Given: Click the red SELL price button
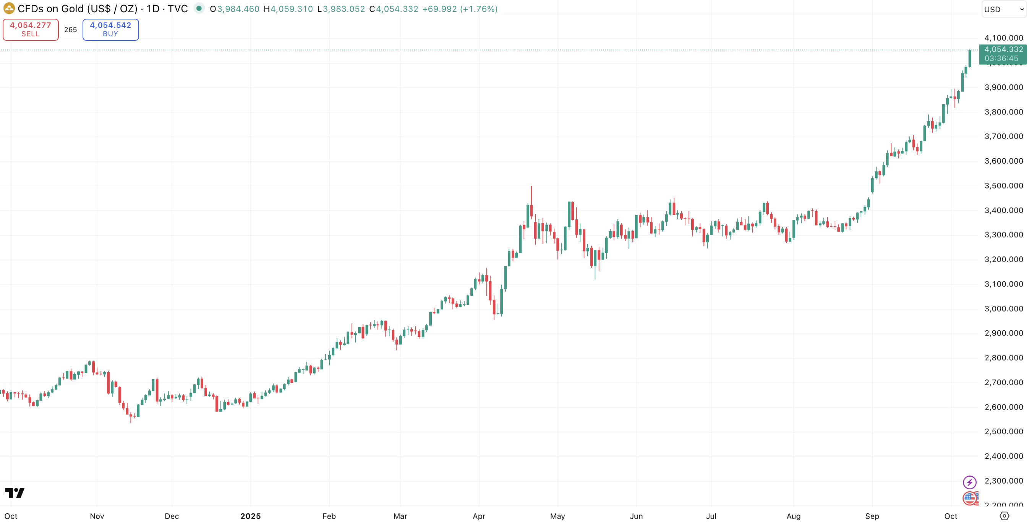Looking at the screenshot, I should [30, 29].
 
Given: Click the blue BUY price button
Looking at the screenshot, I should [111, 29].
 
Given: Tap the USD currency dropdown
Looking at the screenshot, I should [1003, 9].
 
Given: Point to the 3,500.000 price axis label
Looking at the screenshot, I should [1003, 185].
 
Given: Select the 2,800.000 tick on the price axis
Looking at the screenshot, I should [1003, 358].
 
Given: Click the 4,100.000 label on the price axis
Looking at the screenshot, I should [1003, 38].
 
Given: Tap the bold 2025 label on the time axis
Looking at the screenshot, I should [250, 516].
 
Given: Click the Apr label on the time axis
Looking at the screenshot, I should [478, 516].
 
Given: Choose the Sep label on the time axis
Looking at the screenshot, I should [872, 516].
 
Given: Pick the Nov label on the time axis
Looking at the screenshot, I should [97, 516].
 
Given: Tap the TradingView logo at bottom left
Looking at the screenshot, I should [15, 492].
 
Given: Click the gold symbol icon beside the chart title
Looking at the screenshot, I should [9, 8].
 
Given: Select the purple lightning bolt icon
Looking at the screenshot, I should [969, 482].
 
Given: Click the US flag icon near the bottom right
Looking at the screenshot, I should [970, 498].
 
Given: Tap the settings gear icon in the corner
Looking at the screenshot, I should [1004, 516].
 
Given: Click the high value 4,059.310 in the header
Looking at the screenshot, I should [292, 9].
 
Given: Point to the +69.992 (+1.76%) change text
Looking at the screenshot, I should [460, 9].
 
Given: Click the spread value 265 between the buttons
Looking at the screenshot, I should [70, 29].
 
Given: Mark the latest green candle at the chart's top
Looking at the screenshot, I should [969, 59].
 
